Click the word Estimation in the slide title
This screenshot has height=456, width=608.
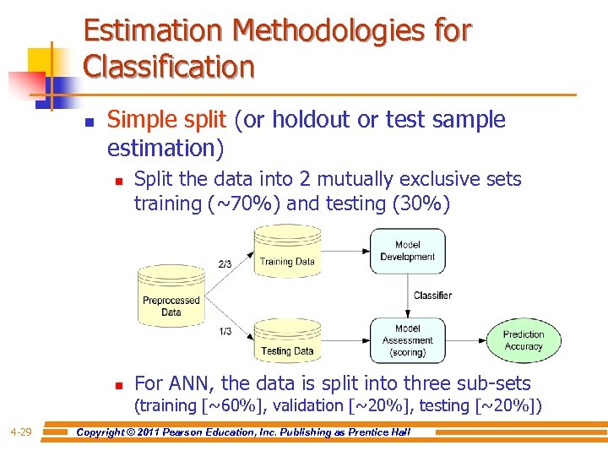pos(153,31)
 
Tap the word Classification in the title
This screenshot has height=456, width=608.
pos(169,67)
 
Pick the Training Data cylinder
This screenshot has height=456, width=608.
pos(286,253)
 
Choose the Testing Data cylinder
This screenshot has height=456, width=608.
pos(286,342)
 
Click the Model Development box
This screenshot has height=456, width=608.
pos(407,251)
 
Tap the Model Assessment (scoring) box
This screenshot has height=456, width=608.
pos(407,340)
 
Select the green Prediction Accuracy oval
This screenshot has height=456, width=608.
pos(524,340)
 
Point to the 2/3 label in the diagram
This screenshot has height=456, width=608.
pos(225,263)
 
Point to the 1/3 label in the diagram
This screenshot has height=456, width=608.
pos(225,331)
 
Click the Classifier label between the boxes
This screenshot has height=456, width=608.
pos(432,296)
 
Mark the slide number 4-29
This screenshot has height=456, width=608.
pos(21,433)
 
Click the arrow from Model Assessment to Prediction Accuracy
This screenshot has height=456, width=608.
pos(465,340)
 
